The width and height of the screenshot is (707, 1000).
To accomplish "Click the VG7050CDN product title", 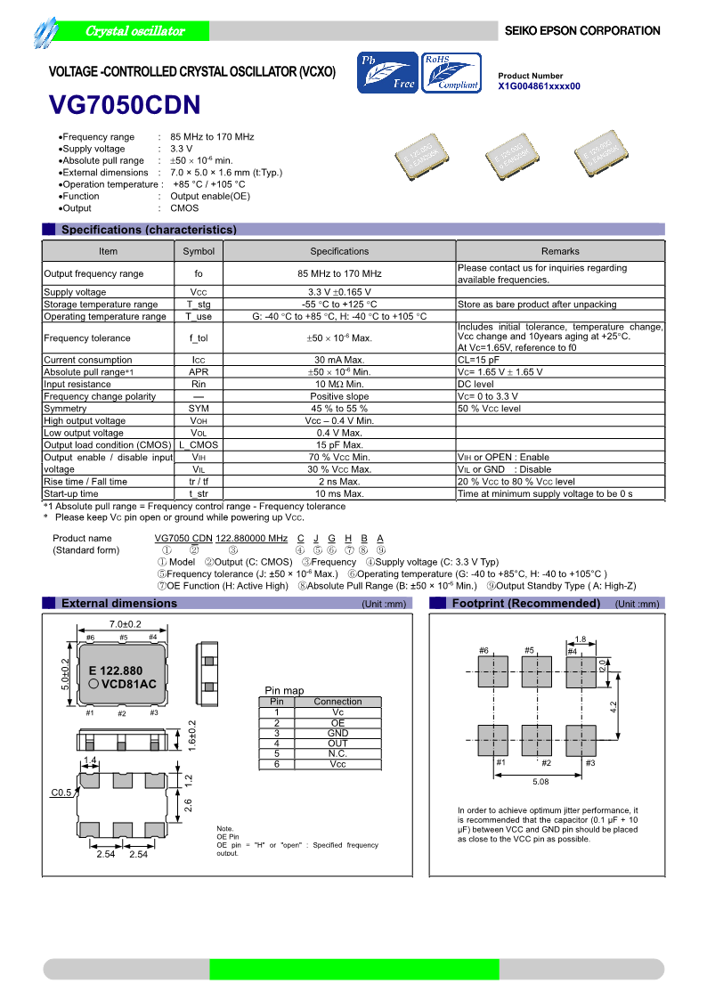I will tap(124, 106).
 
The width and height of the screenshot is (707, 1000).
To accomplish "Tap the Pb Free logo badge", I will tap(387, 73).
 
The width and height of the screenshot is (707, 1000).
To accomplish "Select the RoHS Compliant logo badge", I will tap(451, 73).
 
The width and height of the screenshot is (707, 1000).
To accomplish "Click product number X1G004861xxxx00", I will tap(539, 86).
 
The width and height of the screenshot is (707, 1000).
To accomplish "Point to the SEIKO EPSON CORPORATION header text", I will tap(582, 31).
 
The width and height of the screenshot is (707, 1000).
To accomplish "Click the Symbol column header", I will tap(199, 251).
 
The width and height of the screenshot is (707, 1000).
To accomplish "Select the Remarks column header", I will tap(560, 251).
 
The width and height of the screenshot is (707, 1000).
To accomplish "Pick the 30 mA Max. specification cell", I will tap(339, 360).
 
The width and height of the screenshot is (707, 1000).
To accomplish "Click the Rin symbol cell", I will tap(199, 384).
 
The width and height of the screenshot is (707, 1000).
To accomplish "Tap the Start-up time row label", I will tap(71, 493).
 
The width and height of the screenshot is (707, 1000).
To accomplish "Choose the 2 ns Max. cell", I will tap(339, 481).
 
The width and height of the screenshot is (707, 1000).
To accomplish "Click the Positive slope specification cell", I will tap(339, 396).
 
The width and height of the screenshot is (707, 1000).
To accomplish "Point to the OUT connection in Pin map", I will tap(337, 744).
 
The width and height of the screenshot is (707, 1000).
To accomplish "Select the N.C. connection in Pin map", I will tap(337, 753).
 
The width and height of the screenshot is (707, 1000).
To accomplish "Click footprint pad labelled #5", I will tap(537, 671).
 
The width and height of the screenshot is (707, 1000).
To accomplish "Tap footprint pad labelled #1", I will tap(492, 740).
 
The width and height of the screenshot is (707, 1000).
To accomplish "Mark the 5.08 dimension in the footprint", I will tap(540, 781).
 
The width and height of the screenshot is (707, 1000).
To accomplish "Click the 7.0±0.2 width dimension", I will tap(126, 624).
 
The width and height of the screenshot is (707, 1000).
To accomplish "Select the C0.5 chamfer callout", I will tap(61, 793).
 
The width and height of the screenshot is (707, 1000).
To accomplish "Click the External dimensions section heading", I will tap(118, 604).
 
